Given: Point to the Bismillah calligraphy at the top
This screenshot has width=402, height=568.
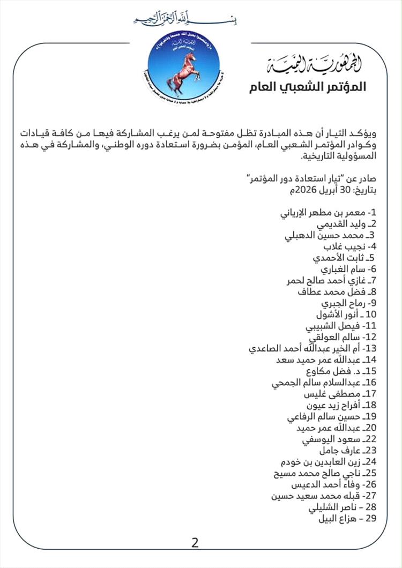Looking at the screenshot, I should pyautogui.click(x=185, y=19).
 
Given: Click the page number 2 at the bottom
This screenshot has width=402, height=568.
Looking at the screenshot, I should pyautogui.click(x=195, y=543).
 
